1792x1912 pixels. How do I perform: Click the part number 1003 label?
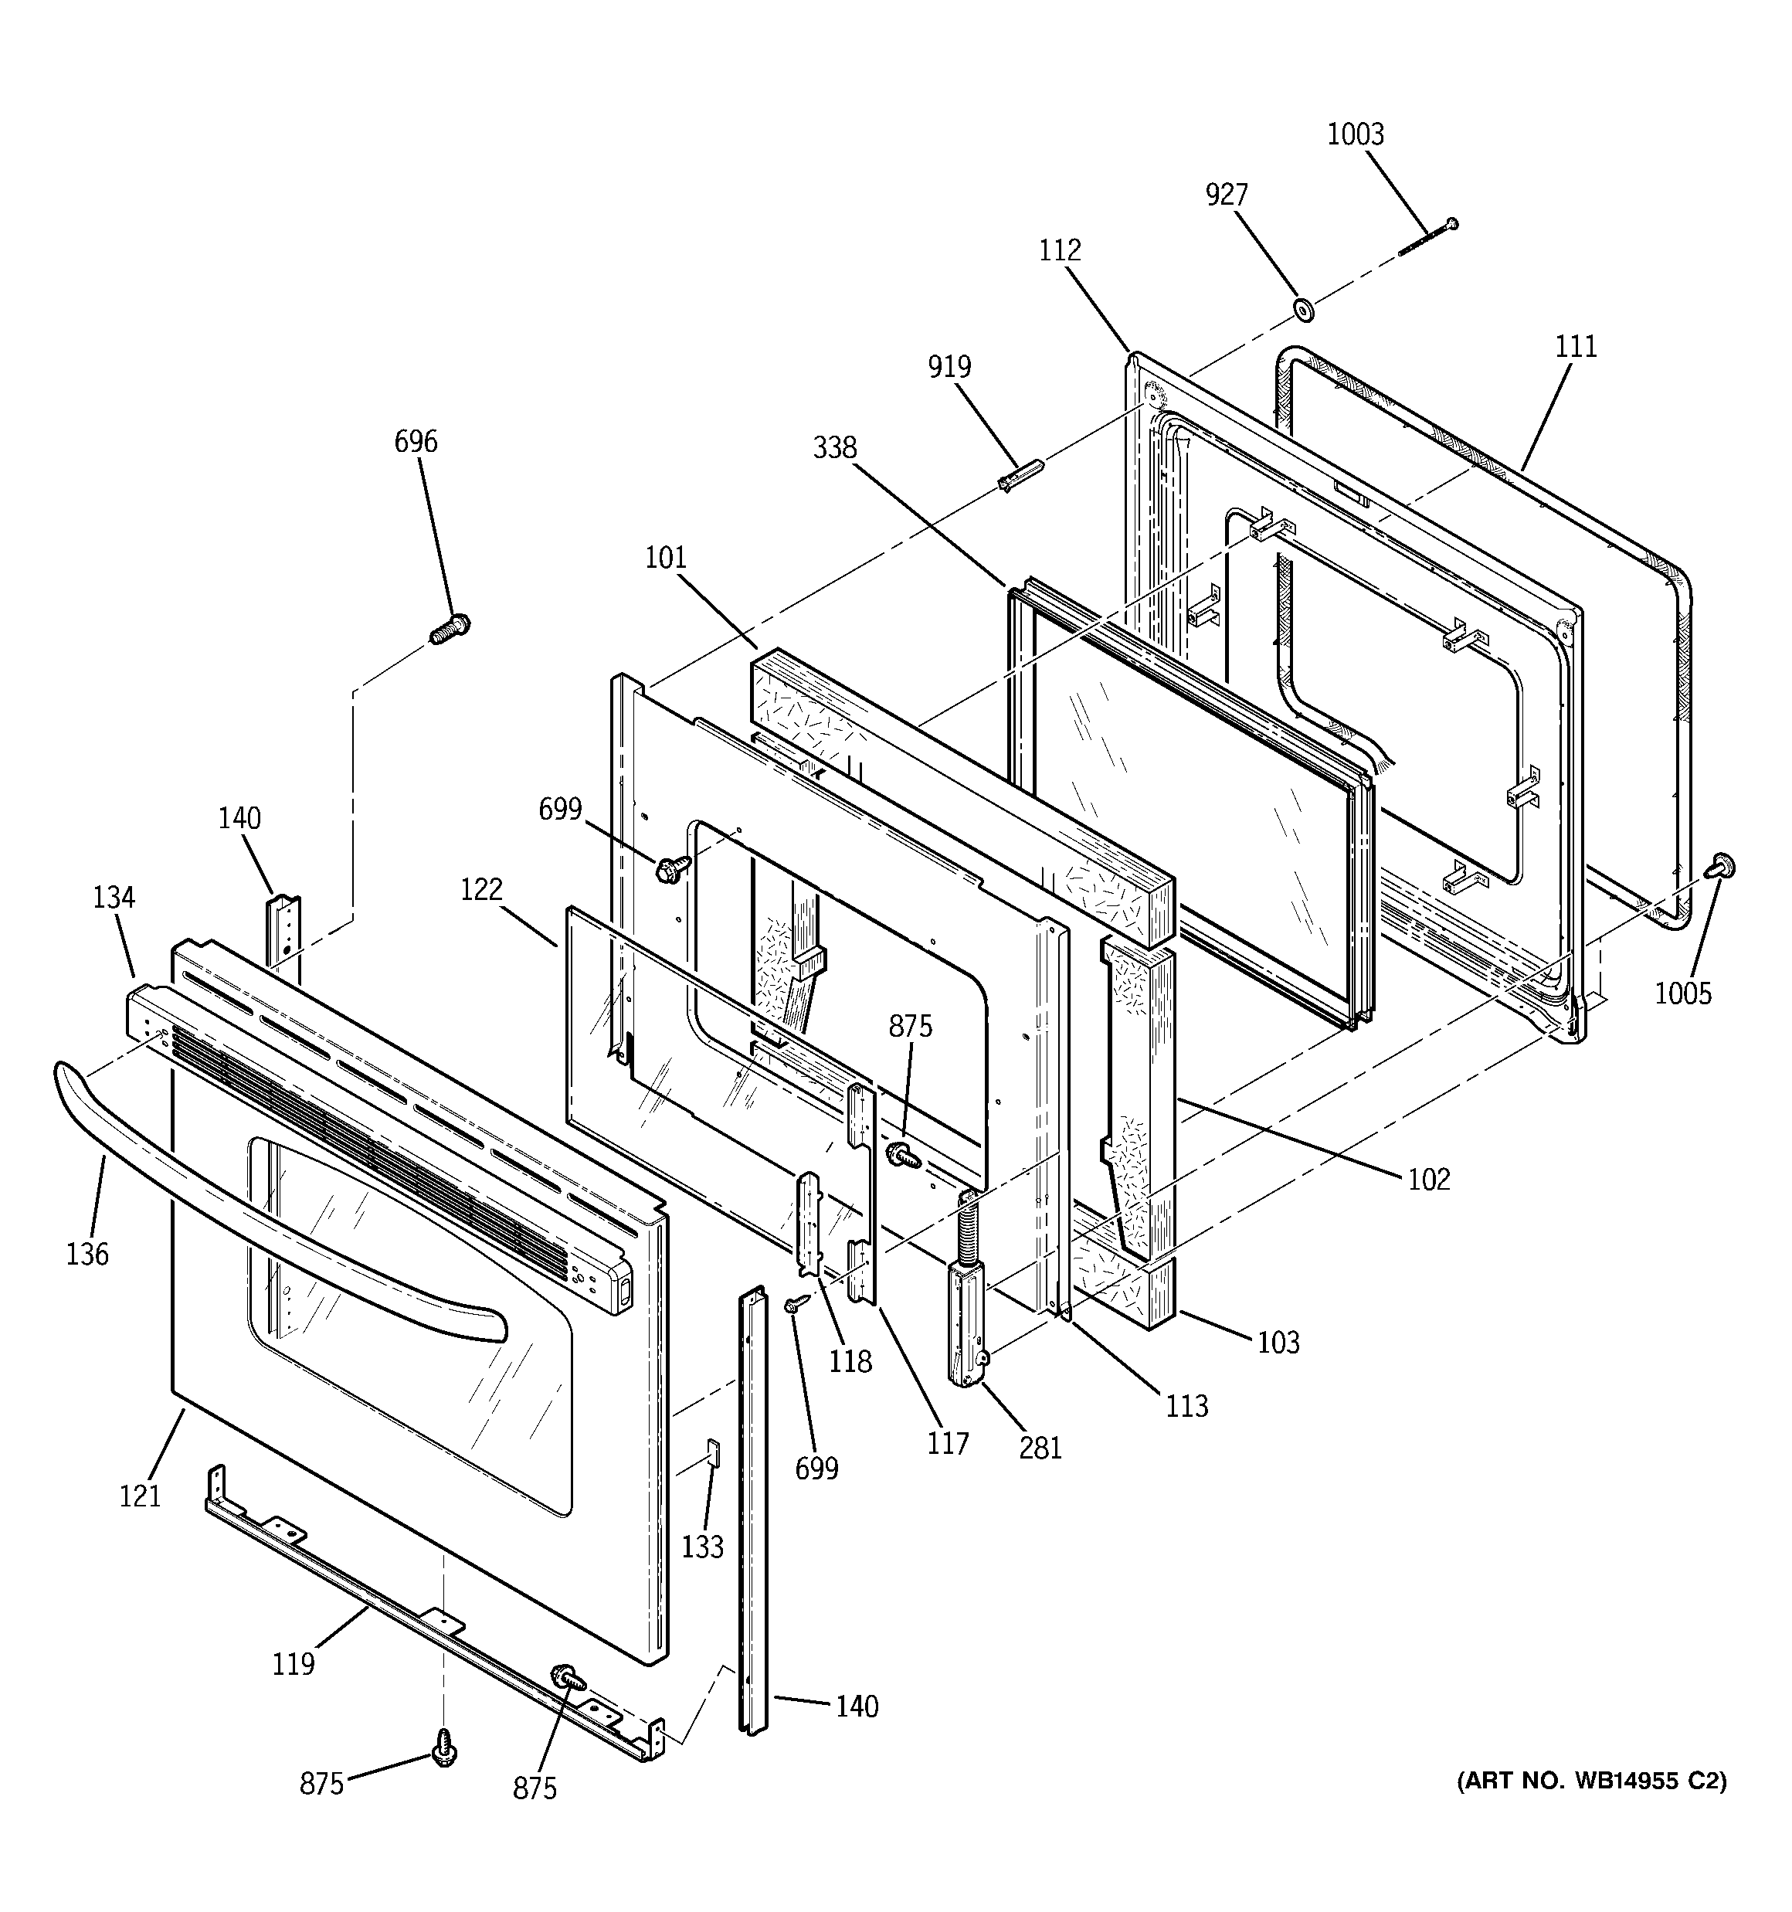click(1356, 134)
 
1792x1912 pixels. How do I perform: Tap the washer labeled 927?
click(1305, 311)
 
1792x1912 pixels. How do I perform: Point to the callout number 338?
click(834, 448)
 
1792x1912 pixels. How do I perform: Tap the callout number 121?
click(140, 1496)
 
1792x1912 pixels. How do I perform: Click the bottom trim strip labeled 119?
click(404, 1616)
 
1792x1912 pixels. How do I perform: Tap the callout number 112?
click(1060, 251)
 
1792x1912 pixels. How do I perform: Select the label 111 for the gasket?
click(1576, 346)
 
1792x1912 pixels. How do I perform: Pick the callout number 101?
click(666, 558)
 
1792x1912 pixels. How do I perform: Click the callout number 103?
click(1278, 1343)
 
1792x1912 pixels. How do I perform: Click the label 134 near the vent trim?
click(114, 898)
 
